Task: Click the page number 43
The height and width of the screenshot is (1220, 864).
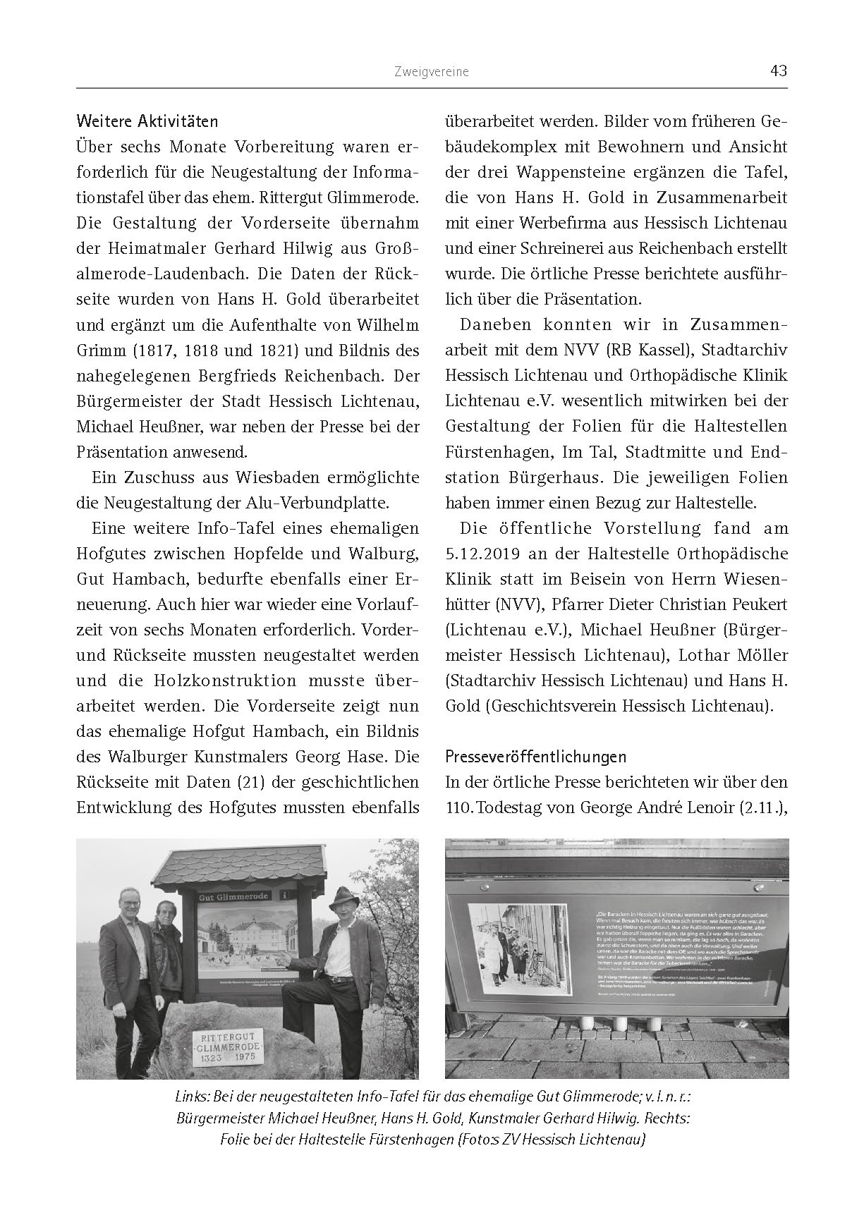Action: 779,71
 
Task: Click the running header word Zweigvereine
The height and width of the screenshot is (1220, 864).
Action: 432,72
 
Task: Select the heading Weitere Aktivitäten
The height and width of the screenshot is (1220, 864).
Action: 147,121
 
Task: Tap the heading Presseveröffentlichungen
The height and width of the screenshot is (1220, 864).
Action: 535,757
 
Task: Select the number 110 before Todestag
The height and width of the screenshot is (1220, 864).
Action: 458,807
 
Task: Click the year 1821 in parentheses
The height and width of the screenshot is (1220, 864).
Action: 291,350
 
